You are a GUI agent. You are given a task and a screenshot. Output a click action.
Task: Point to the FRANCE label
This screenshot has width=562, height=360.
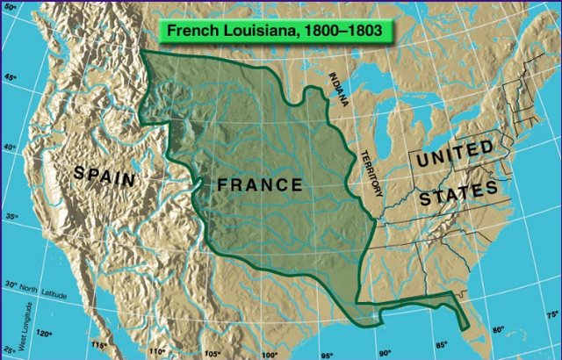[x=259, y=185]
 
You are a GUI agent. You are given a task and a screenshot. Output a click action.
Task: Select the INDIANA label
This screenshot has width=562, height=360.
[x=338, y=88]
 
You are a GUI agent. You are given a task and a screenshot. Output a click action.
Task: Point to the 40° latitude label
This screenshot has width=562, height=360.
[x=10, y=148]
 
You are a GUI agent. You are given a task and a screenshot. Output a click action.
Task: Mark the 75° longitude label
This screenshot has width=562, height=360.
[x=551, y=314]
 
